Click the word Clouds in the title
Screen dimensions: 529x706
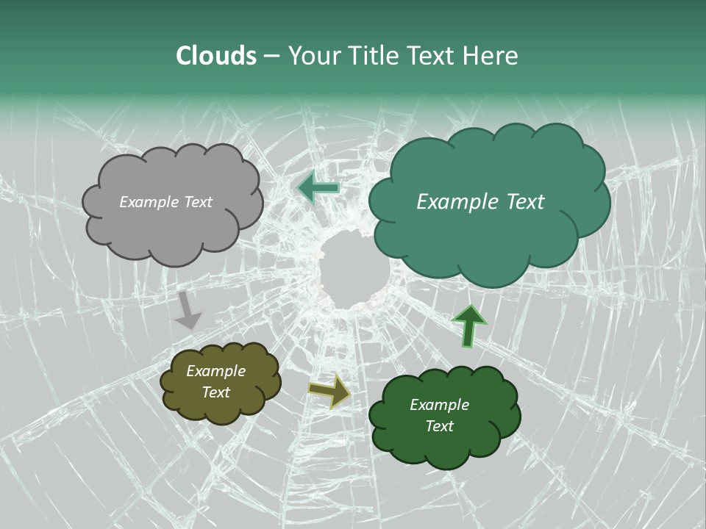click(216, 56)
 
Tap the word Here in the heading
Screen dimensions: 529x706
click(491, 56)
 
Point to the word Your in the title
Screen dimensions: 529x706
click(314, 56)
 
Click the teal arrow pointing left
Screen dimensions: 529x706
click(318, 187)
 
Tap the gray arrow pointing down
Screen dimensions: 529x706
click(188, 310)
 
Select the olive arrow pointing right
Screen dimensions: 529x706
click(329, 391)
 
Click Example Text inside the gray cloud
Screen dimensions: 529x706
click(165, 202)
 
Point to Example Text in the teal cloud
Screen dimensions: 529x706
click(480, 202)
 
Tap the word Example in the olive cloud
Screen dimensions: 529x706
click(215, 371)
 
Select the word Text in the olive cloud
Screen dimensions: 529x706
click(215, 392)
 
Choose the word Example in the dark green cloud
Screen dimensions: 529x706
click(439, 405)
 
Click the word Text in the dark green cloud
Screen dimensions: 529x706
click(439, 426)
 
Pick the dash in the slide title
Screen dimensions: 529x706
click(271, 57)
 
